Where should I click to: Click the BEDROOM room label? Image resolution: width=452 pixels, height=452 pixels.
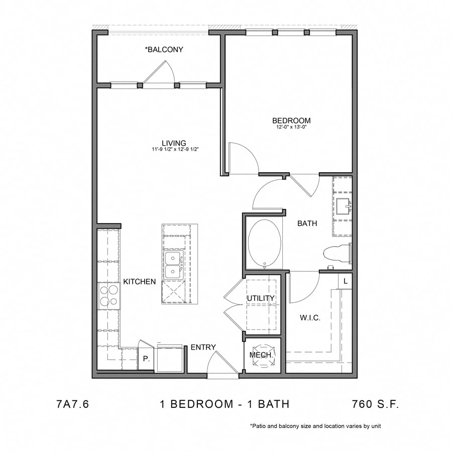(291, 121)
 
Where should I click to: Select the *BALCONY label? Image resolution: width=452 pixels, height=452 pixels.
(164, 50)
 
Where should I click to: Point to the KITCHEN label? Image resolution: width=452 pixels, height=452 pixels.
(140, 282)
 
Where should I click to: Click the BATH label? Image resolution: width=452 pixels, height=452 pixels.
(307, 223)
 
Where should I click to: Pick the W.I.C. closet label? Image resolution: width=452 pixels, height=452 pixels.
(310, 318)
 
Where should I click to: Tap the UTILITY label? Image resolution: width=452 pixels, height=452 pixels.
(261, 298)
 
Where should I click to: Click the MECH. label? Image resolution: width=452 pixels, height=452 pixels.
(261, 355)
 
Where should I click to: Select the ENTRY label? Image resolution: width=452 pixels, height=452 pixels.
(203, 347)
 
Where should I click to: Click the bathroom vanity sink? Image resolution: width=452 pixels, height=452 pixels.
(344, 206)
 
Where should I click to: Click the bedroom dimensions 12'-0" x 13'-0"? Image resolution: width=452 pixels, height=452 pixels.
(291, 128)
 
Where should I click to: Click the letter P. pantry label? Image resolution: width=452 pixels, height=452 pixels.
(146, 360)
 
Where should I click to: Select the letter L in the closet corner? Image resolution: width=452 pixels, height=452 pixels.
(346, 282)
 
